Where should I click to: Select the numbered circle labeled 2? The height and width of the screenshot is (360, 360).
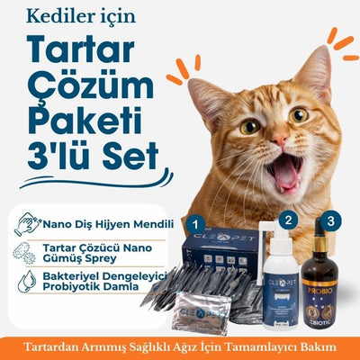click(288, 220)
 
